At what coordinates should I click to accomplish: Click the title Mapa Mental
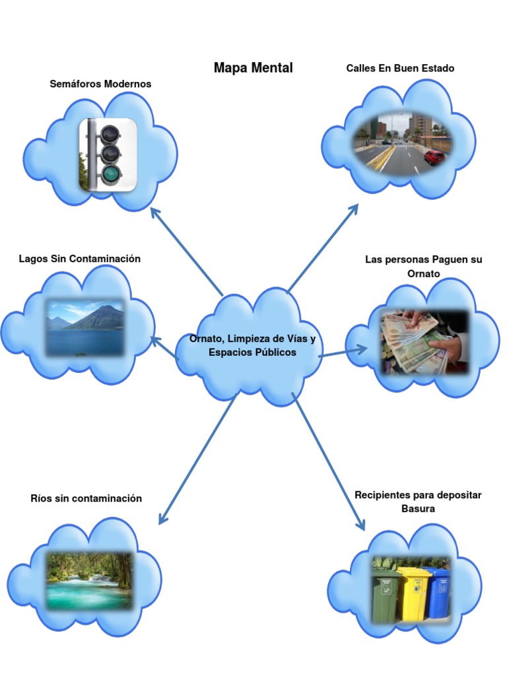click(x=253, y=68)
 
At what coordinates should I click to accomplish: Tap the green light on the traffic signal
click(x=111, y=174)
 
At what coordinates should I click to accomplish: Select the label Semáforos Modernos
click(x=100, y=84)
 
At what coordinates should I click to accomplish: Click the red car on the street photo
click(x=434, y=157)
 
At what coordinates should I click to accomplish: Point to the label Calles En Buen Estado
click(x=400, y=68)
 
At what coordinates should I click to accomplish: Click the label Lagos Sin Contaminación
click(x=80, y=259)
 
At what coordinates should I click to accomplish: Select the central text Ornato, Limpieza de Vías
click(x=253, y=339)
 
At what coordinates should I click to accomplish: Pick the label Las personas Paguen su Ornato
click(x=423, y=267)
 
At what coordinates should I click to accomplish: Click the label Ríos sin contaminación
click(x=86, y=498)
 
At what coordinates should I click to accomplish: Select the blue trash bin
click(x=439, y=594)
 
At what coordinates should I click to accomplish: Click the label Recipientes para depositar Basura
click(x=418, y=502)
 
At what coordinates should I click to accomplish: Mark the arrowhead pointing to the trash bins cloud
click(x=360, y=524)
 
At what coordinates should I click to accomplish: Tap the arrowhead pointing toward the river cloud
click(x=163, y=519)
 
